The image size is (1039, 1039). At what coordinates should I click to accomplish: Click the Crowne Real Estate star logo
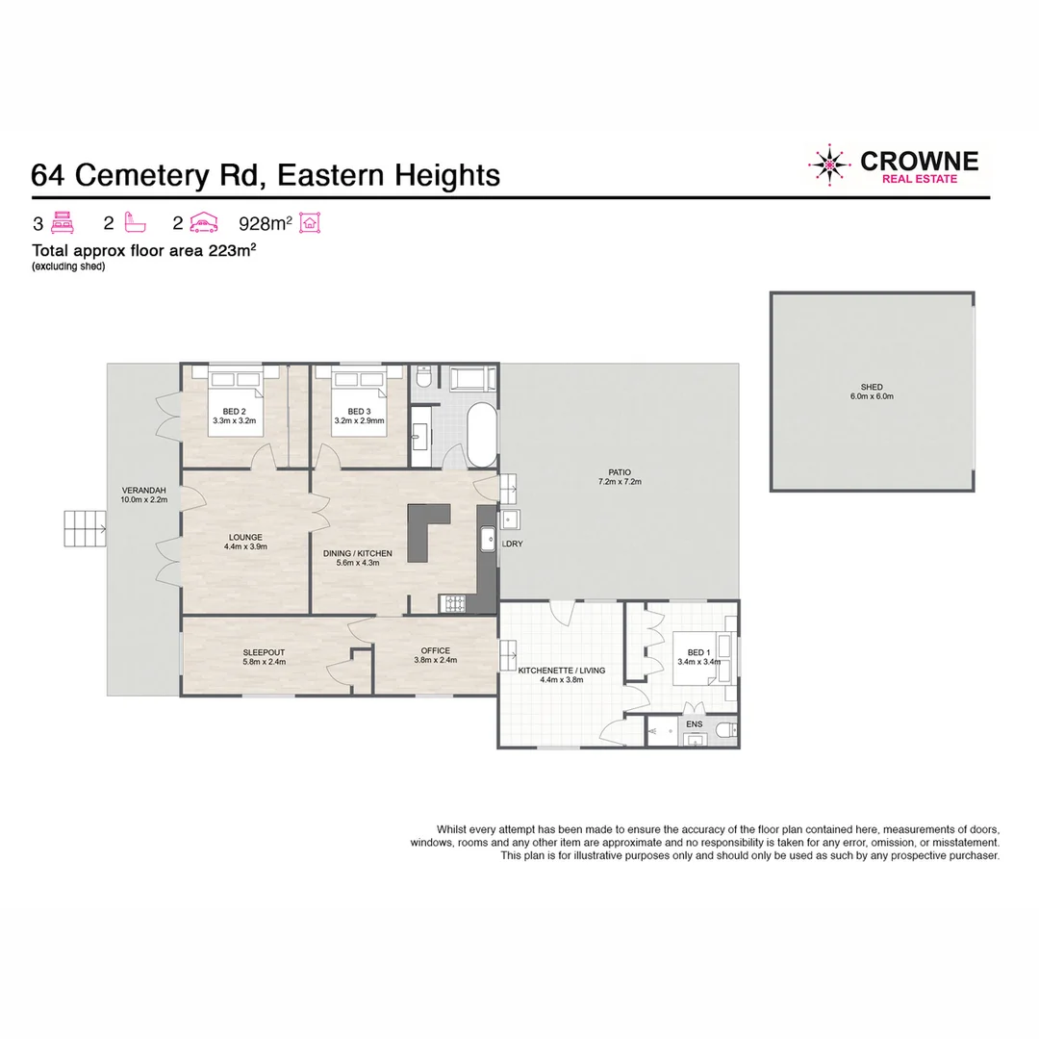pyautogui.click(x=829, y=165)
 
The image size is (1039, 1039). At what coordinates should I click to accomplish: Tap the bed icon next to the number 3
pyautogui.click(x=63, y=224)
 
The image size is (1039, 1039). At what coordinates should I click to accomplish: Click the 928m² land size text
pyautogui.click(x=265, y=224)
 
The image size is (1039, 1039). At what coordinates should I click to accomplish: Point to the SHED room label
pyautogui.click(x=872, y=387)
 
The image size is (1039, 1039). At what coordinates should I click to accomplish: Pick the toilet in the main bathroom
pyautogui.click(x=420, y=382)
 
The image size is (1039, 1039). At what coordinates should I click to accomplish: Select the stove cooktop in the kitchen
pyautogui.click(x=452, y=603)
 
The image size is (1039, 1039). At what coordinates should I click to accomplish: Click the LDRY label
pyautogui.click(x=512, y=545)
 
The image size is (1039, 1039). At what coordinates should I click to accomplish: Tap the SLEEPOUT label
pyautogui.click(x=263, y=651)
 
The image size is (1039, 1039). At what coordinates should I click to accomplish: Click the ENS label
pyautogui.click(x=694, y=723)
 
